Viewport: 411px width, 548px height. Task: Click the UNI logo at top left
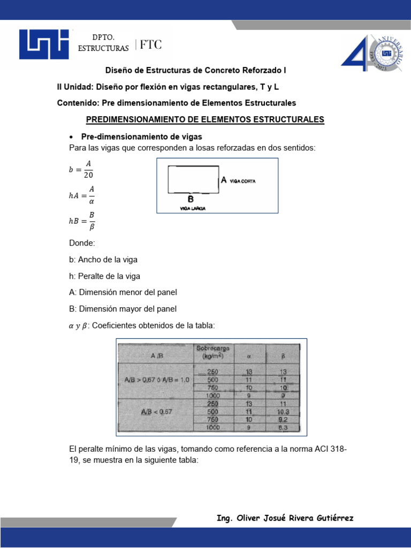(x=44, y=44)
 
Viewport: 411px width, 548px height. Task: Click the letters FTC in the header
(x=151, y=45)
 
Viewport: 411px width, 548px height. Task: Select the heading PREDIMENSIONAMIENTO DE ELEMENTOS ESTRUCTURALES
(x=205, y=119)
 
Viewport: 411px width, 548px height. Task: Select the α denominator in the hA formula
(x=91, y=201)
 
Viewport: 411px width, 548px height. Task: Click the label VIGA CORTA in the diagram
(x=243, y=181)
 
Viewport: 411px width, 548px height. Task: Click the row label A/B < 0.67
(x=154, y=413)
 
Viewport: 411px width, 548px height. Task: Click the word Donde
(x=82, y=242)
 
